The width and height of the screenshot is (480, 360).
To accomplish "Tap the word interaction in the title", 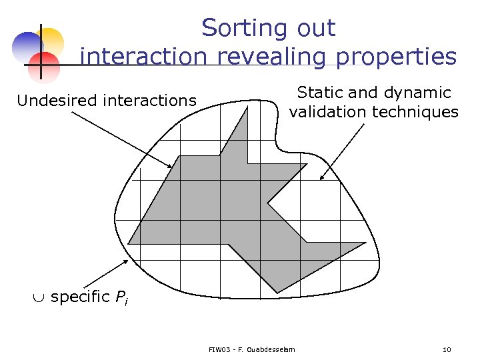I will tap(143, 57).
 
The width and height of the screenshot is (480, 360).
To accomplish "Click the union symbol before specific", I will tap(41, 297).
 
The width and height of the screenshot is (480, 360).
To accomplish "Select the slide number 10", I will tap(446, 349).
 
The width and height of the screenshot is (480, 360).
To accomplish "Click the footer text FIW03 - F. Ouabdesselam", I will tap(251, 349).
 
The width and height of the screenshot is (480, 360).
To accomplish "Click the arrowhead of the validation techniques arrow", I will tap(321, 178).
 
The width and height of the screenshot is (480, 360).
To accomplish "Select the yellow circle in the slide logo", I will tap(51, 41).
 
